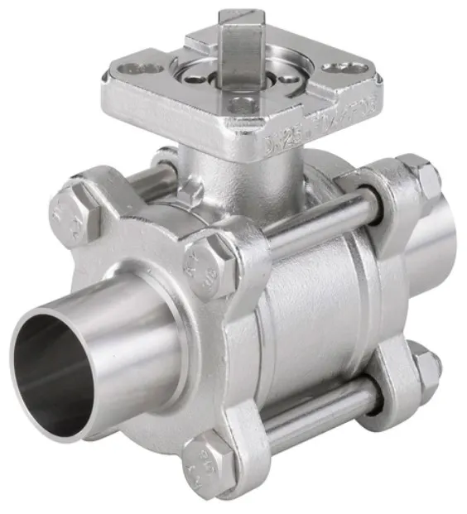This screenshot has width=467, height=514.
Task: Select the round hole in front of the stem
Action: [242, 105]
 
